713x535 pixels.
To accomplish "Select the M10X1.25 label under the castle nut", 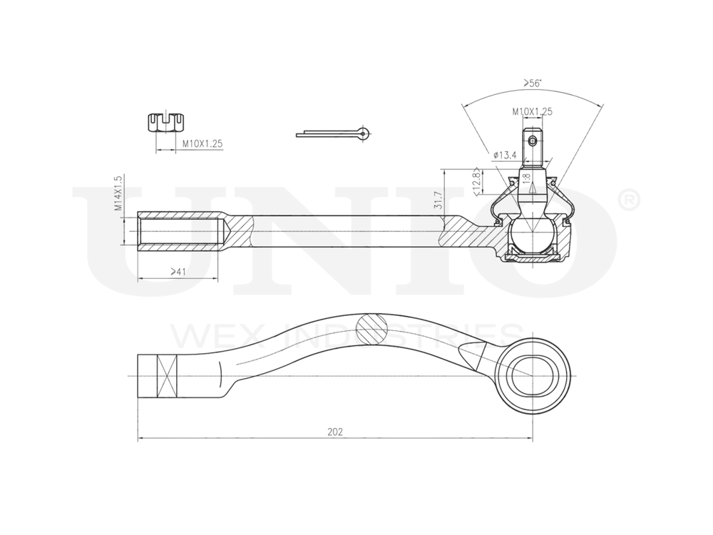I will coord(202,143).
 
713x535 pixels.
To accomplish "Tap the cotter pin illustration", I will coord(334,133).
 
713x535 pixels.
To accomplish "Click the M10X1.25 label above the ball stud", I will coord(532,111).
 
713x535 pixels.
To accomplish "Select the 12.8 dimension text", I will coord(476,180).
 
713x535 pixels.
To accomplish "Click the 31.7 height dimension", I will coord(438,201).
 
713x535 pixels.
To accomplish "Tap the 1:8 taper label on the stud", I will coord(525,177).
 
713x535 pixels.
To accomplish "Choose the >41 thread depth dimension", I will coord(178,272).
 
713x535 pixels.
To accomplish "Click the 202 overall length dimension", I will coord(335,432).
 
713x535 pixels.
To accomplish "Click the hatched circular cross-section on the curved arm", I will coord(371,329).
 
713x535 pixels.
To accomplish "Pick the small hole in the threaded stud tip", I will coord(532,141).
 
